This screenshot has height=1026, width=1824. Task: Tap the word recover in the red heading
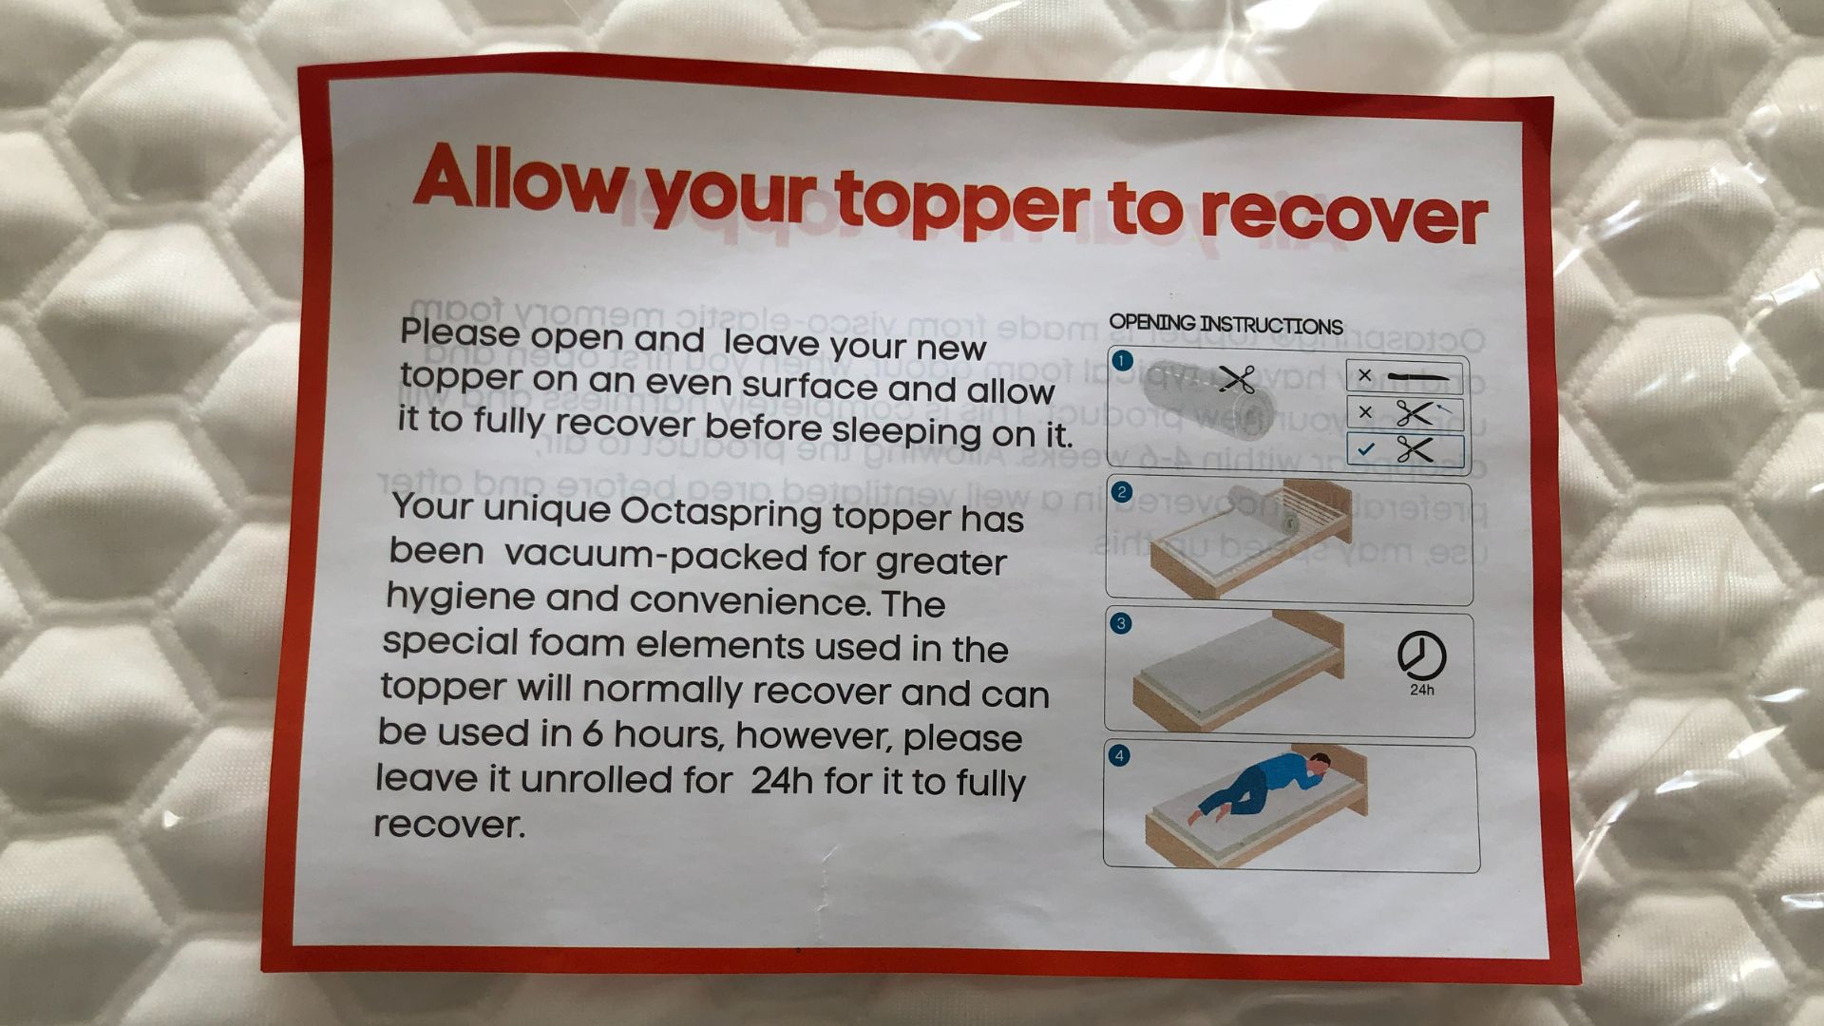[x=1342, y=213]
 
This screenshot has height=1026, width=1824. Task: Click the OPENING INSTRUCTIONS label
[x=1225, y=324]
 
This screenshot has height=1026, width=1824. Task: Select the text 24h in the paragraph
[x=781, y=781]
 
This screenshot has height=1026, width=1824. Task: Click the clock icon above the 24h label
[x=1421, y=655]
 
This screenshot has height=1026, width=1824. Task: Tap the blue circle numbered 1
[x=1123, y=361]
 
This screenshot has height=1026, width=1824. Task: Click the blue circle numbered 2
[x=1122, y=492]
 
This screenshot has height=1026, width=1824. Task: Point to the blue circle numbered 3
[x=1121, y=624]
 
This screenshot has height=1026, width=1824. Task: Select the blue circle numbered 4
[x=1120, y=756]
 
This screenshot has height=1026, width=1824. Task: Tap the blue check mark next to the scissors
[x=1365, y=449]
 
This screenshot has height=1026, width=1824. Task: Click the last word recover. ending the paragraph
[x=448, y=824]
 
